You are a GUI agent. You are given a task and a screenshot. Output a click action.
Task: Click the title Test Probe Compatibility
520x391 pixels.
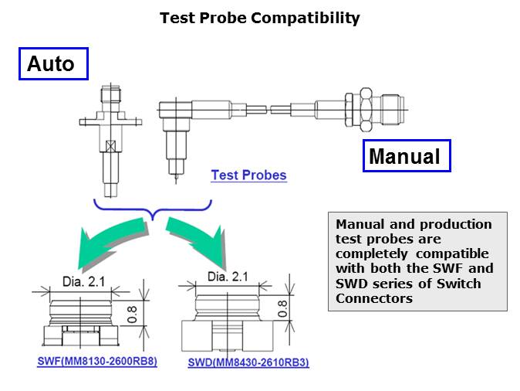(x=260, y=18)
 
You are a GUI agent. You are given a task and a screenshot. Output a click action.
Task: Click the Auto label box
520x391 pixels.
(x=53, y=64)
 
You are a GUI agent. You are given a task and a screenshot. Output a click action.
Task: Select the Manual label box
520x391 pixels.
(x=407, y=156)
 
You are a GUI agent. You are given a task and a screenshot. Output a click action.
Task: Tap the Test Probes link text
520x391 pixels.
(x=248, y=175)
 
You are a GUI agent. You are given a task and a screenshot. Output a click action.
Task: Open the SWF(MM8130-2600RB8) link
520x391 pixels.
(x=97, y=361)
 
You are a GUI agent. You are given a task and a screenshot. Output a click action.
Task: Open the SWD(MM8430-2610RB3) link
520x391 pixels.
(x=248, y=362)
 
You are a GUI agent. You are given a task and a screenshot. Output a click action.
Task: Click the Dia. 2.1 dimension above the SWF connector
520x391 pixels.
(x=83, y=282)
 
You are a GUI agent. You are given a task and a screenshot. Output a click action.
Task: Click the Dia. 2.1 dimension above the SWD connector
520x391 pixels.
(x=228, y=277)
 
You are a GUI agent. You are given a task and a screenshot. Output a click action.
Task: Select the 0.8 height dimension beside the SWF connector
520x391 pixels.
(x=132, y=314)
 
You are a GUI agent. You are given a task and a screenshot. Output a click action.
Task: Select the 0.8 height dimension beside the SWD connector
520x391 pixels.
(x=282, y=308)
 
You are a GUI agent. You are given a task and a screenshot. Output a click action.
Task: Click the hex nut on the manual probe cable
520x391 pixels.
(x=366, y=109)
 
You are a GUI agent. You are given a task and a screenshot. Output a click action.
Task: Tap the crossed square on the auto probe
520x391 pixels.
(x=110, y=146)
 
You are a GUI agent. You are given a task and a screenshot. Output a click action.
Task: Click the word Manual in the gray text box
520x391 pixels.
(x=360, y=225)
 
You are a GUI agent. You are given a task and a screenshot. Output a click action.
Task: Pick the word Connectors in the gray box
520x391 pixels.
(x=374, y=298)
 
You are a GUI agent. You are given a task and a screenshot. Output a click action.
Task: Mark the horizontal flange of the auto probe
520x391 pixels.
(x=110, y=122)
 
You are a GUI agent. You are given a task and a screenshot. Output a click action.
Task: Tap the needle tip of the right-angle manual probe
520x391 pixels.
(x=176, y=182)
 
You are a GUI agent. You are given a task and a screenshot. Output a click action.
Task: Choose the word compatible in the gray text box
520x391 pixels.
(x=452, y=253)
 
